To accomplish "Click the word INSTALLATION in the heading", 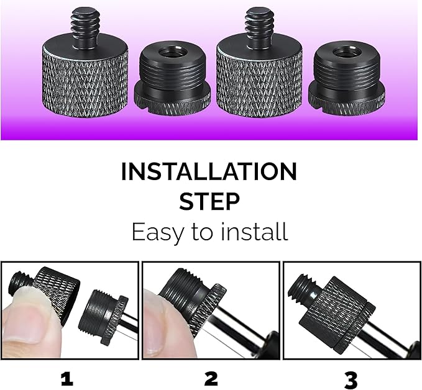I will click(x=209, y=171).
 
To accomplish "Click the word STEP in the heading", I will click(x=209, y=201).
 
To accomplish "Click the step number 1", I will click(x=67, y=378).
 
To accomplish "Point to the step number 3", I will click(x=352, y=378).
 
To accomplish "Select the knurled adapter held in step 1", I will click(x=57, y=287).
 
